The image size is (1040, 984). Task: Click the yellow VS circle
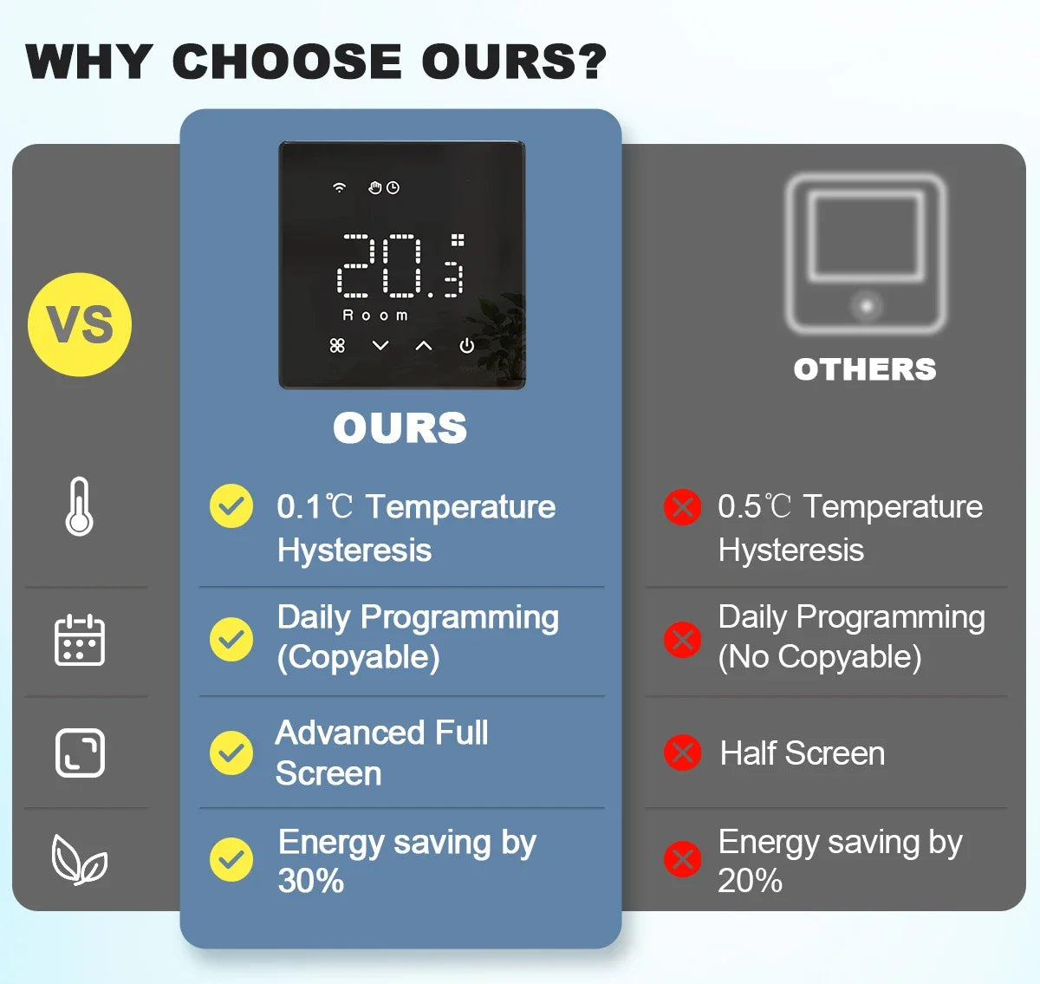pyautogui.click(x=80, y=324)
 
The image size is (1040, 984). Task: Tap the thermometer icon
pyautogui.click(x=80, y=506)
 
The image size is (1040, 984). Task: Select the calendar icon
pyautogui.click(x=80, y=640)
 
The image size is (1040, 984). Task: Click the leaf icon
pyautogui.click(x=80, y=860)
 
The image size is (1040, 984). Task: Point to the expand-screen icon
pyautogui.click(x=80, y=753)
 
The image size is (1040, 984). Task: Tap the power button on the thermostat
pyautogui.click(x=466, y=346)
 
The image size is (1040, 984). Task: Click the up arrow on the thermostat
pyautogui.click(x=424, y=346)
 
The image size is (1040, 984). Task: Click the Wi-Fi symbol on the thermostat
pyautogui.click(x=339, y=187)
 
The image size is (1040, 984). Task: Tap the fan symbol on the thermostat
pyautogui.click(x=337, y=346)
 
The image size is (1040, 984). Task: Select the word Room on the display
pyautogui.click(x=375, y=316)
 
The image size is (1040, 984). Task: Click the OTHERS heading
pyautogui.click(x=865, y=369)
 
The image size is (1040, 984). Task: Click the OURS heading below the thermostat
pyautogui.click(x=400, y=427)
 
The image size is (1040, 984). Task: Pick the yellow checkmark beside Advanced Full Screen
pyautogui.click(x=231, y=753)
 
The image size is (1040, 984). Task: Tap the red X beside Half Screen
pyautogui.click(x=682, y=753)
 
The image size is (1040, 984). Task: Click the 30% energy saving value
pyautogui.click(x=311, y=881)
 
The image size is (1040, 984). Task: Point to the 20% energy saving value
pyautogui.click(x=751, y=881)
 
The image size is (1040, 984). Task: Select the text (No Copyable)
pyautogui.click(x=820, y=657)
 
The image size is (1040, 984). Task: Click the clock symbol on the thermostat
pyautogui.click(x=393, y=187)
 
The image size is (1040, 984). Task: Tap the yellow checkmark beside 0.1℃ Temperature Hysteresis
pyautogui.click(x=231, y=506)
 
